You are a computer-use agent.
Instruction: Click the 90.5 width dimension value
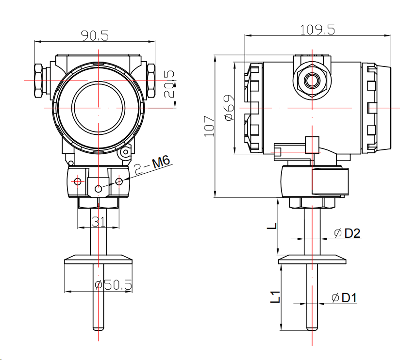[x=95, y=35]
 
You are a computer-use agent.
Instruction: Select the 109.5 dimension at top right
[x=317, y=30]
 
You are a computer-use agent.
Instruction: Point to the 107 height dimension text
[x=209, y=126]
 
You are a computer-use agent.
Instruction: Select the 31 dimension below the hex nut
[x=99, y=222]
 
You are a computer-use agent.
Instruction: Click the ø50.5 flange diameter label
[x=113, y=285]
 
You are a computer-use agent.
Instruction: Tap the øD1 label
[x=345, y=298]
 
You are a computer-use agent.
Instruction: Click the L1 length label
[x=275, y=296]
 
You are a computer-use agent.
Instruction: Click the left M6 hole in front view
[x=77, y=182]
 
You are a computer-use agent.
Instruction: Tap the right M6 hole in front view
[x=119, y=181]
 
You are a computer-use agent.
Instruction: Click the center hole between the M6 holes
[x=99, y=188]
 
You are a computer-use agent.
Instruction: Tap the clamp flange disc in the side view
[x=311, y=261]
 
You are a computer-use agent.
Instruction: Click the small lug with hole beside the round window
[x=126, y=153]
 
